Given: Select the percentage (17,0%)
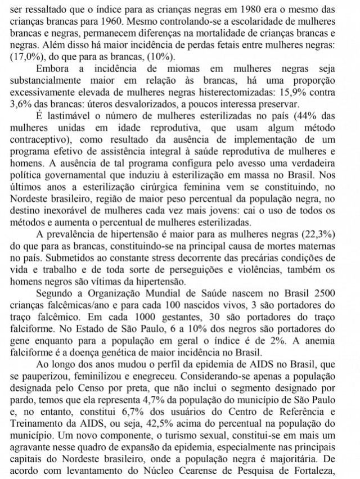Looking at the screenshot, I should [x=24, y=57].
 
